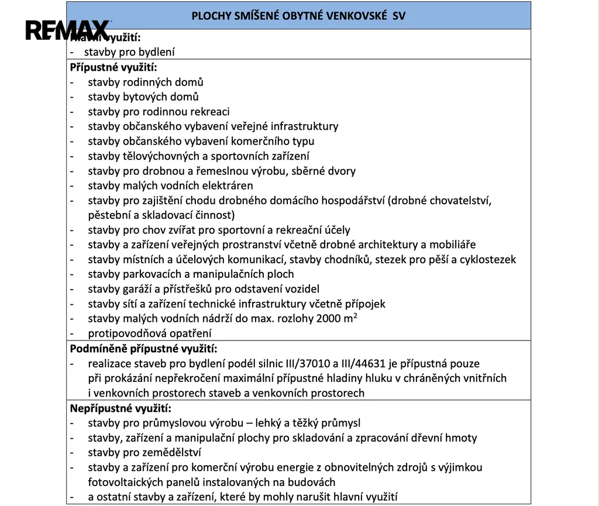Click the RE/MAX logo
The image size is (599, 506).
[x=67, y=30]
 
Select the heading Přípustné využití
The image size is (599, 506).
[x=113, y=67]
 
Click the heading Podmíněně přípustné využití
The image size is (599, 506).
[x=143, y=349]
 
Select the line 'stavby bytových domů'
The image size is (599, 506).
[x=143, y=97]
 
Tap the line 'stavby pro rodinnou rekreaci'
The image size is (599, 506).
[x=159, y=111]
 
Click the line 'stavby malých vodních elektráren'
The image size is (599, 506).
[x=170, y=185]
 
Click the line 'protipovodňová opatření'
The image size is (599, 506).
[x=150, y=333]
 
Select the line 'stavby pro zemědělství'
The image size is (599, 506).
[x=144, y=452]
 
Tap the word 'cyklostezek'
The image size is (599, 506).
[x=488, y=259]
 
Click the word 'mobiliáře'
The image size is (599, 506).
[x=455, y=245]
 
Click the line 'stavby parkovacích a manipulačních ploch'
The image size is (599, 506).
[x=191, y=274]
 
